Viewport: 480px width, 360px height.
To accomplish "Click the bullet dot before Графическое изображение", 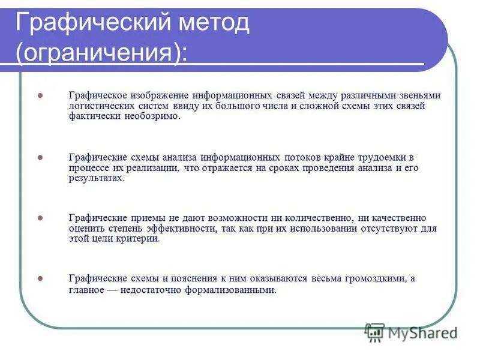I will point(41,95).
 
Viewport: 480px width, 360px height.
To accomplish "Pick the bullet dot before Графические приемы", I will point(41,217).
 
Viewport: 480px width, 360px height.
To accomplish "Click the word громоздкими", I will point(370,279).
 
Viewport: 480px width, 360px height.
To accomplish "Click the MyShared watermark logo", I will point(412,332).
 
